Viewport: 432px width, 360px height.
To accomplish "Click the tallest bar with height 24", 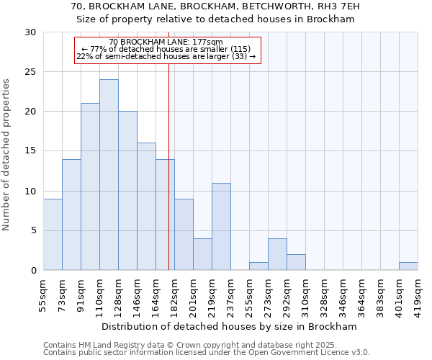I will click(x=109, y=175).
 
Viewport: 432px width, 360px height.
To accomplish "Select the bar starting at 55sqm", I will click(x=53, y=235).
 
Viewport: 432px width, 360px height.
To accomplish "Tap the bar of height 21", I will click(x=90, y=186).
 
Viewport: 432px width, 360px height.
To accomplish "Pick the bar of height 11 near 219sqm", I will click(x=221, y=227).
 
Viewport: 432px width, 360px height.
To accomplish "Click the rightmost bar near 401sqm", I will click(x=408, y=266).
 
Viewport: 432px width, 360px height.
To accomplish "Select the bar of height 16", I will click(x=146, y=207).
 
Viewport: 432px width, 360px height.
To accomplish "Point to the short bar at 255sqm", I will click(x=258, y=266).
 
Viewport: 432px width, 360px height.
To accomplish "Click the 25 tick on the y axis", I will click(x=30, y=72).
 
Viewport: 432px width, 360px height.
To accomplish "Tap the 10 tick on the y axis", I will click(x=30, y=192).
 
